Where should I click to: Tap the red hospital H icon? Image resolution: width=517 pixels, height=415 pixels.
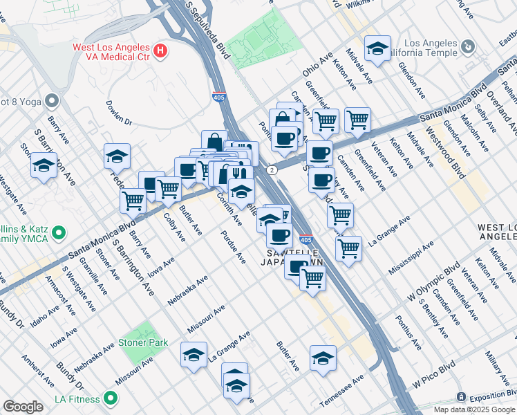pos(160,50)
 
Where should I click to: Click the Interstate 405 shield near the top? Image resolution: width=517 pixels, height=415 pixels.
pos(218,98)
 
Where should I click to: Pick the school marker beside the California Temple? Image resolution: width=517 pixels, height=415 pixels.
pos(377,49)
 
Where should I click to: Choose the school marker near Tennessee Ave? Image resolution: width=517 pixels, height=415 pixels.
pos(323,359)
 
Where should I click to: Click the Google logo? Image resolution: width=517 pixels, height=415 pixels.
pos(23,407)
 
